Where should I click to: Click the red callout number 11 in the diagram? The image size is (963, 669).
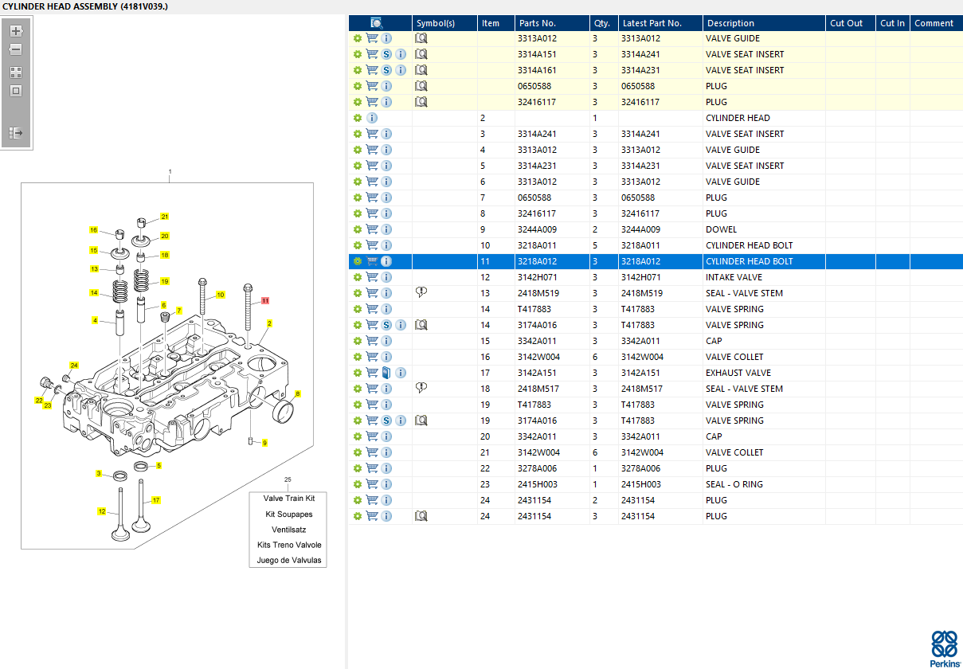[x=265, y=300]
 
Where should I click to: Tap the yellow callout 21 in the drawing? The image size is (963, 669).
[x=165, y=217]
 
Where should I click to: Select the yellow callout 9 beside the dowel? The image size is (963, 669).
[x=264, y=443]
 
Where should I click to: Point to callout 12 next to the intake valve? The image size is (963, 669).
[x=102, y=511]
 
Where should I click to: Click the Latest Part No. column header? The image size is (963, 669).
[x=652, y=23]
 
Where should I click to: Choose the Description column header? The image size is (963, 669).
[x=730, y=23]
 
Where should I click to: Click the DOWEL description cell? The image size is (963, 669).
[x=721, y=229]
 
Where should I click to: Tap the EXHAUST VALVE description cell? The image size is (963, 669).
[x=738, y=373]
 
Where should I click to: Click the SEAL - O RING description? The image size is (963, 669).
[x=734, y=484]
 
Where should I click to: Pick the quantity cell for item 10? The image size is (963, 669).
[x=595, y=245]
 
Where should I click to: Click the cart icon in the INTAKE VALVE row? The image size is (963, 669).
[x=372, y=277]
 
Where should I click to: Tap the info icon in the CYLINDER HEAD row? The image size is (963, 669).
[x=372, y=118]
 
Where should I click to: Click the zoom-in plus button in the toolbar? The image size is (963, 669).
[x=16, y=31]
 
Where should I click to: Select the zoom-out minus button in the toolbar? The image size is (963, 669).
[x=16, y=49]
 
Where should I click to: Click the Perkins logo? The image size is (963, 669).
[x=944, y=649]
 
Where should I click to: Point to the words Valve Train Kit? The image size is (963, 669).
[x=289, y=499]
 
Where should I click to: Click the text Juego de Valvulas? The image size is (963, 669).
[x=289, y=560]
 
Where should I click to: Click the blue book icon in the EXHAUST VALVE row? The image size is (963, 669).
[x=386, y=373]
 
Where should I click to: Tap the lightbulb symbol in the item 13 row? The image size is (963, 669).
[x=421, y=292]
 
